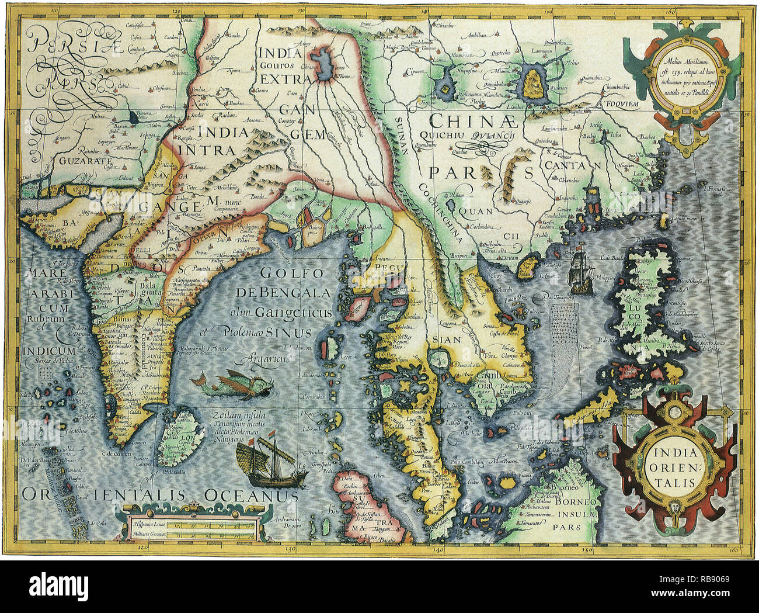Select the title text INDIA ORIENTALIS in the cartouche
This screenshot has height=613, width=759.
point(674,468)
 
